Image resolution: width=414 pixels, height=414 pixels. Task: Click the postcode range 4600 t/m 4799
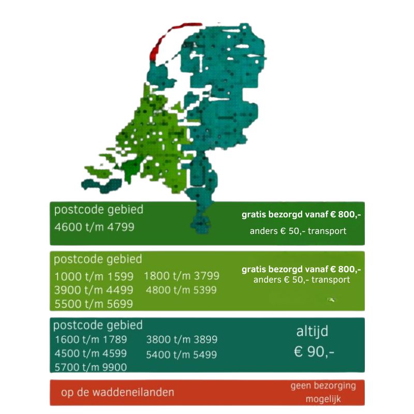coord(94,227)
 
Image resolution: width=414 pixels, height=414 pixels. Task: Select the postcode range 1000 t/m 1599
coord(94,276)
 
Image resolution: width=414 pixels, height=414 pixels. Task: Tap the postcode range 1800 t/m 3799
coord(182,276)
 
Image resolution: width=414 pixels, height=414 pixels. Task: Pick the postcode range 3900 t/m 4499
coord(94,290)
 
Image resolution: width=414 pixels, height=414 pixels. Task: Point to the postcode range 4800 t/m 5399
coord(182,290)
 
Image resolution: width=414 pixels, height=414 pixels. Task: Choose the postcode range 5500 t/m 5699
coord(94,304)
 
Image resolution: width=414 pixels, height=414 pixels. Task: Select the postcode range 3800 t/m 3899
coord(182,340)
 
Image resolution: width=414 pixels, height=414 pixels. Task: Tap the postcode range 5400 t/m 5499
coord(182,355)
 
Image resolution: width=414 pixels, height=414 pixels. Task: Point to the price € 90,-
coord(314,352)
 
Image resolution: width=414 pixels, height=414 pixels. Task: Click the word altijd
coord(312,331)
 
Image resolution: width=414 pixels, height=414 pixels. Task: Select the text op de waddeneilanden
coord(117,393)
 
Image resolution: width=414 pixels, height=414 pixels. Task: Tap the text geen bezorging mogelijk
coord(323,393)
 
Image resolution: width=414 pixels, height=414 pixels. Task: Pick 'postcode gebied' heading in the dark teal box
coord(98,326)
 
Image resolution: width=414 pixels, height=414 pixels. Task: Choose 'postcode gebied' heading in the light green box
coord(98,259)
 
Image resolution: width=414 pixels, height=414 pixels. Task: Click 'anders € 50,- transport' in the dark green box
coord(298,231)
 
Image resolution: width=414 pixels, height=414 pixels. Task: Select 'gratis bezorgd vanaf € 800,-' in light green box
coord(301,270)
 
